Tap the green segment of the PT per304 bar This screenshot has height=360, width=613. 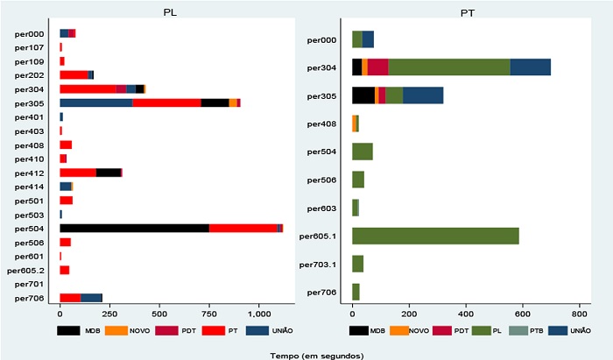(449, 67)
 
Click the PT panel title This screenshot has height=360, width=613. (469, 12)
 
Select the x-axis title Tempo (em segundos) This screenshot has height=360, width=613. (303, 354)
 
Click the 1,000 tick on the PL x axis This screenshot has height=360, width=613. (259, 313)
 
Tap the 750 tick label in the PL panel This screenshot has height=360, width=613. (209, 313)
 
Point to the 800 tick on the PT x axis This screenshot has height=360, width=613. (579, 313)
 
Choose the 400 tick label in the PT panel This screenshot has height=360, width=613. (465, 313)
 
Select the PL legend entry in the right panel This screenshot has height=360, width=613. (497, 331)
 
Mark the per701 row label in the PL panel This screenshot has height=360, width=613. (30, 284)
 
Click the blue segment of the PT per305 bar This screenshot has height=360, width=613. (423, 95)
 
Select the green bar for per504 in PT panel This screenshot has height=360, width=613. (362, 152)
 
